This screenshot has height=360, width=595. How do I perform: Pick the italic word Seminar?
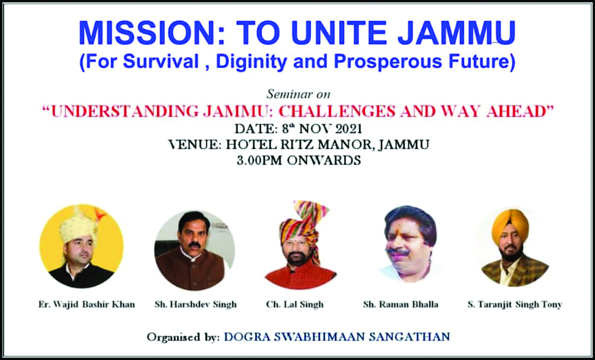coord(285,94)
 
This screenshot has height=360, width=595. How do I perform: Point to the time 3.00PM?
coord(259,160)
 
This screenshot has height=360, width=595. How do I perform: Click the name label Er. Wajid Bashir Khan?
coord(87,305)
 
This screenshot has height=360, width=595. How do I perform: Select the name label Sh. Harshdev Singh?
coord(196,305)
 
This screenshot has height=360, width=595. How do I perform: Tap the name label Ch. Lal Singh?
coord(295,305)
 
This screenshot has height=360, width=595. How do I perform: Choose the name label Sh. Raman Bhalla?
coord(401,305)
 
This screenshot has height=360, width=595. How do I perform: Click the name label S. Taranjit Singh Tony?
coord(515,305)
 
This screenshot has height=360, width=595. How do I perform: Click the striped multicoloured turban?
coord(302,224)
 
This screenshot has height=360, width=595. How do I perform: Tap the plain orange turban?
coord(510,226)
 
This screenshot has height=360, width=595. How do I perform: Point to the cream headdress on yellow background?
coord(79,226)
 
